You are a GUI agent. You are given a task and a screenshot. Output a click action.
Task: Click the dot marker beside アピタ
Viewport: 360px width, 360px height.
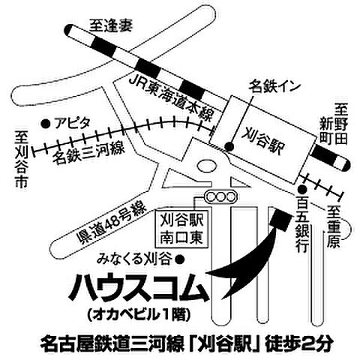pyautogui.click(x=46, y=121)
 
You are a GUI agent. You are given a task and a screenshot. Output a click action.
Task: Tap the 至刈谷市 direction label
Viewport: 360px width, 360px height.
pyautogui.click(x=22, y=159)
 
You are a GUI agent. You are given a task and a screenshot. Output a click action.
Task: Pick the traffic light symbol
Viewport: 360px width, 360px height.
pyautogui.click(x=220, y=197)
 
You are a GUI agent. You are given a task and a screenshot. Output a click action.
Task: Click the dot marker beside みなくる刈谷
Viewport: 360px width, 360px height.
pyautogui.click(x=181, y=259)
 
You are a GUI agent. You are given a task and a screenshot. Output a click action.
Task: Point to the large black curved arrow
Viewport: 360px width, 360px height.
pyautogui.click(x=240, y=259)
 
